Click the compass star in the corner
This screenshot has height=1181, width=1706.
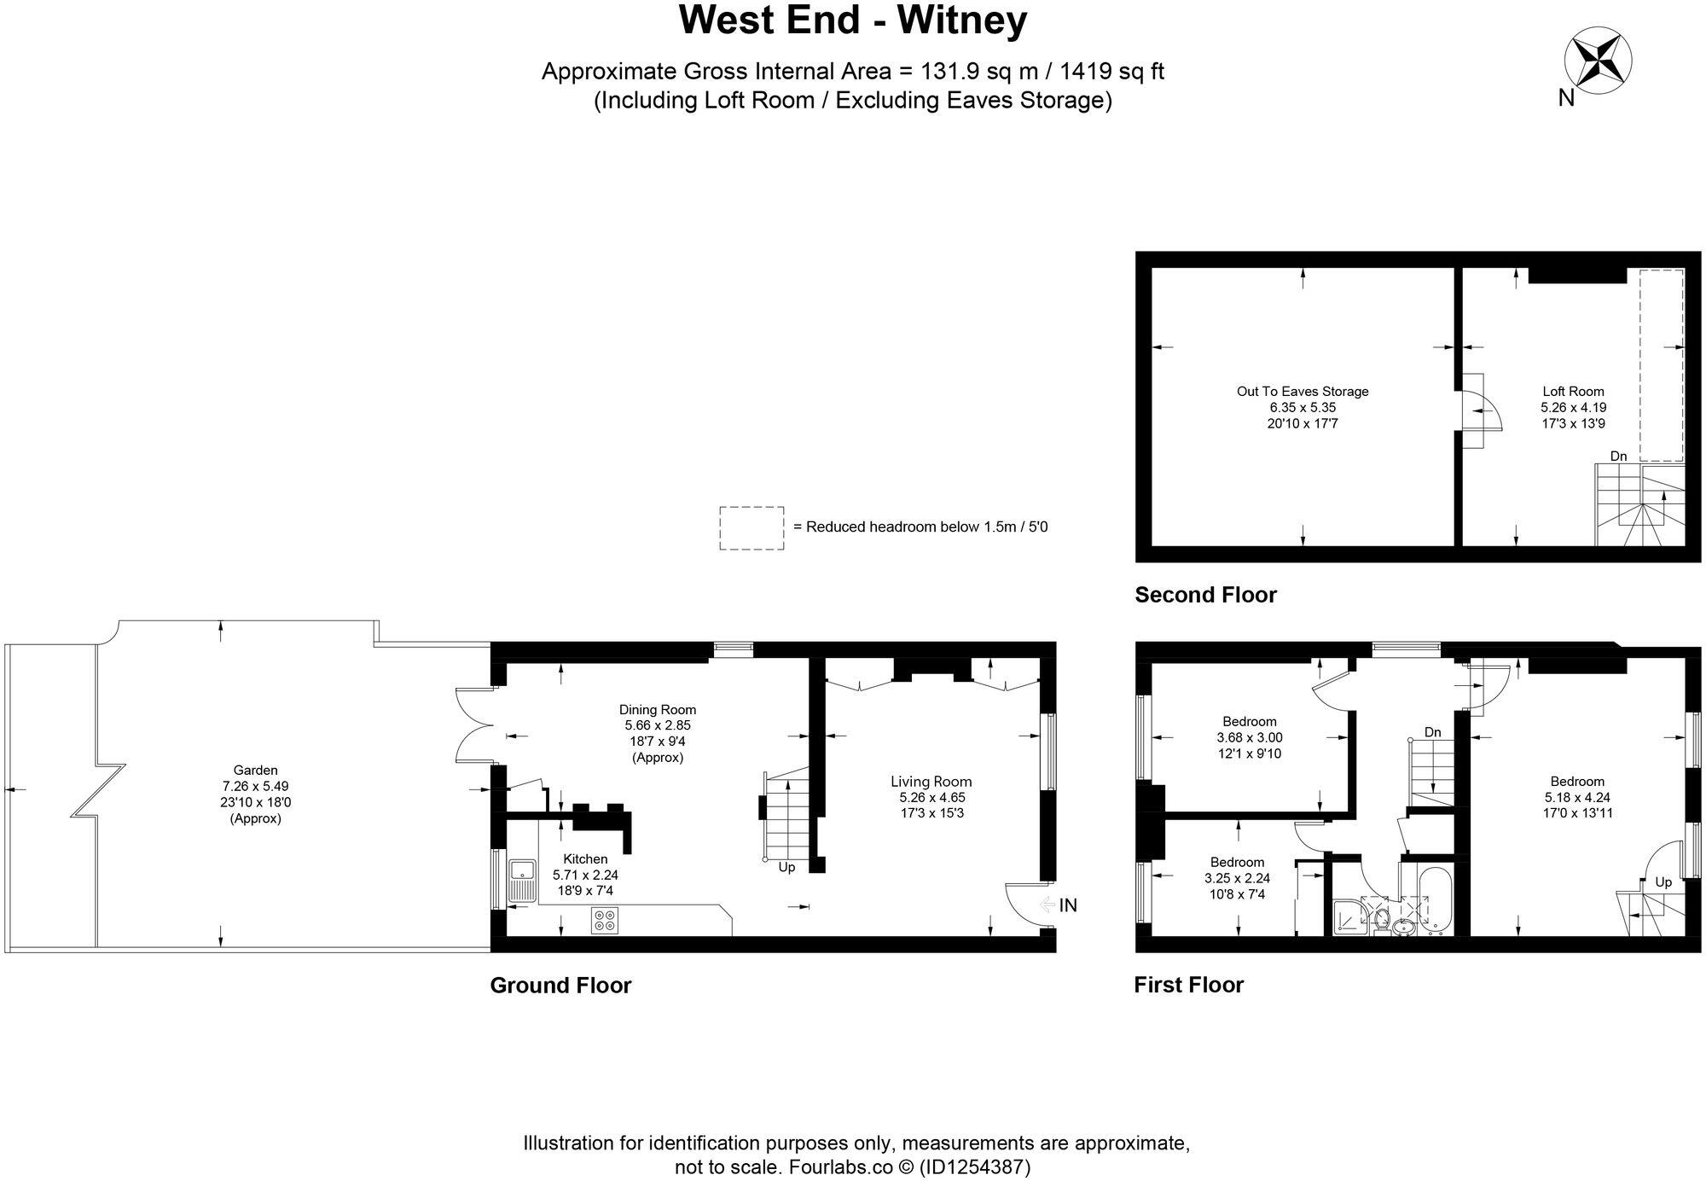point(1598,60)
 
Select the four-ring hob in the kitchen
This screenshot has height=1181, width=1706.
point(606,920)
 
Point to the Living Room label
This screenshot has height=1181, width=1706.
point(931,782)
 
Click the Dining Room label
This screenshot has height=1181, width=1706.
point(657,709)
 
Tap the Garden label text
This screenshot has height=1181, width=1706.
point(255,770)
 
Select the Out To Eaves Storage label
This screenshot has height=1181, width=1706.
point(1302,392)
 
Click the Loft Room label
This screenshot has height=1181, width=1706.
point(1573,392)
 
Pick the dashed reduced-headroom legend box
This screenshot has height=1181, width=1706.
point(751,527)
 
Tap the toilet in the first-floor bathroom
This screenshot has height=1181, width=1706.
point(1381,920)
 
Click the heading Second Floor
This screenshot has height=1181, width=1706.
point(1204,595)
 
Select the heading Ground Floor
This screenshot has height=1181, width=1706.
point(560,986)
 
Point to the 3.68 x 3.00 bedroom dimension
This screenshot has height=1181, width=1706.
point(1249,737)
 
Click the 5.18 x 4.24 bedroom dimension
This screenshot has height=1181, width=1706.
point(1576,797)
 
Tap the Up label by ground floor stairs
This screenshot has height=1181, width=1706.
point(786,867)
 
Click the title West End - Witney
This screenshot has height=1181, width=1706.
point(852,20)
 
